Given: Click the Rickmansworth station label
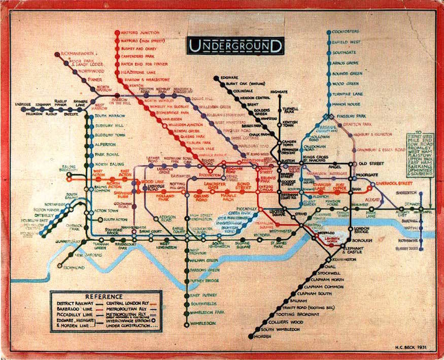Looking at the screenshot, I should coord(77,53).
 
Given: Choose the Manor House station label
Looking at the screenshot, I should coord(348,105).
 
